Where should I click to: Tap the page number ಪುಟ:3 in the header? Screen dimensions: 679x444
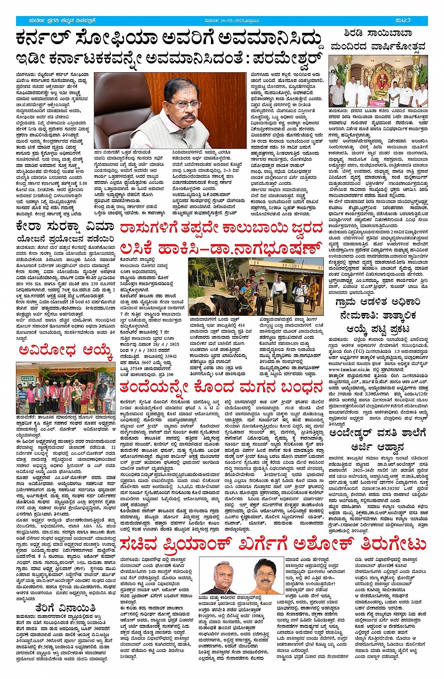coord(416,20)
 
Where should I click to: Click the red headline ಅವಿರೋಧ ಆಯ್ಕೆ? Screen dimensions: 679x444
coord(65,351)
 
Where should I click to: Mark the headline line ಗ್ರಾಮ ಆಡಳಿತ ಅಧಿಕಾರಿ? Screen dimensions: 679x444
coord(378,303)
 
